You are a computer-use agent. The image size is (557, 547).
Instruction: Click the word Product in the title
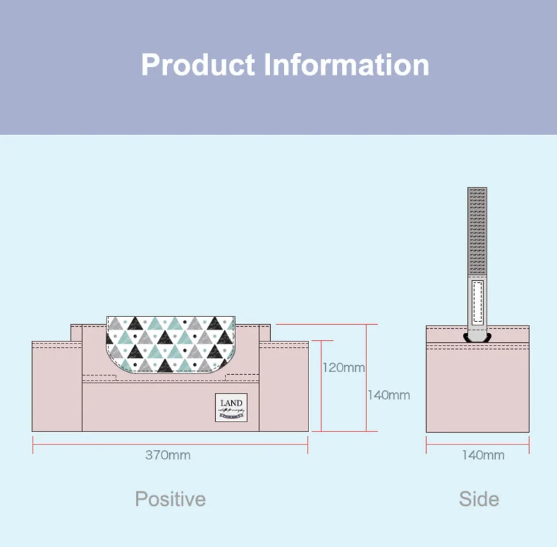[x=198, y=65]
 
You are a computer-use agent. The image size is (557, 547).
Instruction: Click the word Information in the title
[x=346, y=65]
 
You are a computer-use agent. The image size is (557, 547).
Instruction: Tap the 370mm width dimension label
[x=168, y=455]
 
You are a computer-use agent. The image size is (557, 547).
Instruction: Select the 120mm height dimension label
[x=343, y=367]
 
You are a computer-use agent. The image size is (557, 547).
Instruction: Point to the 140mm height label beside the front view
[x=389, y=395]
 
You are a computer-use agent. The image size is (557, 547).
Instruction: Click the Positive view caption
[x=170, y=499]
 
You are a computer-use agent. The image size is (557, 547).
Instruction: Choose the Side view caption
[x=478, y=499]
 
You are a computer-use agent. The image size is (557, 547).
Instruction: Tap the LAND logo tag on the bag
[x=231, y=407]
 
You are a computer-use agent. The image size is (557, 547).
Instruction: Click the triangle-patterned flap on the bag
[x=171, y=341]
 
